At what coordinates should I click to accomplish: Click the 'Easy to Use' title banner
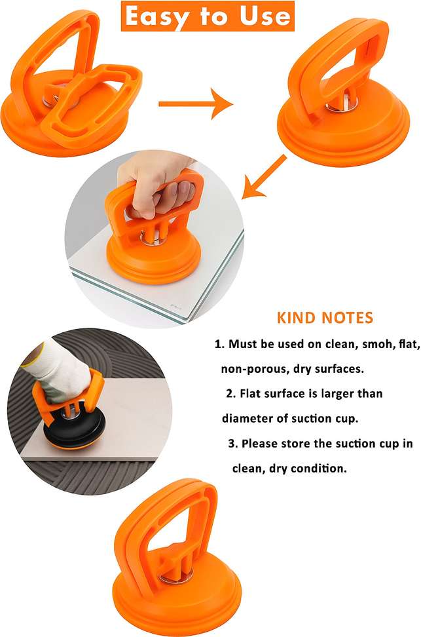(208, 16)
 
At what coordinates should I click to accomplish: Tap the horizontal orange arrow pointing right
(196, 104)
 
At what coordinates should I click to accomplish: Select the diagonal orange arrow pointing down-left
(265, 177)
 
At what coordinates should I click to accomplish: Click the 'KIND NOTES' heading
(325, 318)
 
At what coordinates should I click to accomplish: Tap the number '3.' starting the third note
(232, 443)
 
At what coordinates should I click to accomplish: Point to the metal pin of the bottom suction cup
(176, 575)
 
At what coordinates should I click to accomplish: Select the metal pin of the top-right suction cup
(339, 106)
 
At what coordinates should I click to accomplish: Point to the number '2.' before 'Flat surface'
(231, 394)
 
